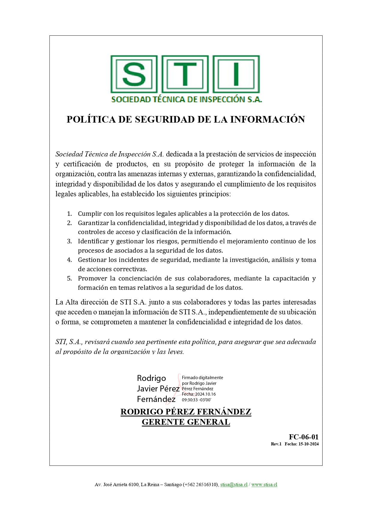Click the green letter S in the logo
[x=134, y=74]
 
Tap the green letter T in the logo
[x=185, y=74]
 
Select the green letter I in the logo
[x=236, y=74]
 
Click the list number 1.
[x=69, y=214]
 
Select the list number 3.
[x=69, y=241]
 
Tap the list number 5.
[x=69, y=278]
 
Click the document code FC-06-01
[x=303, y=437]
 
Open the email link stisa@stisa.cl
[x=234, y=485]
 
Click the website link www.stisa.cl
[x=264, y=485]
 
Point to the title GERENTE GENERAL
[x=186, y=422]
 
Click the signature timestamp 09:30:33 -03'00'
[x=197, y=400]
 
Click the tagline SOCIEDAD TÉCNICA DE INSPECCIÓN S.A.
[x=186, y=100]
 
